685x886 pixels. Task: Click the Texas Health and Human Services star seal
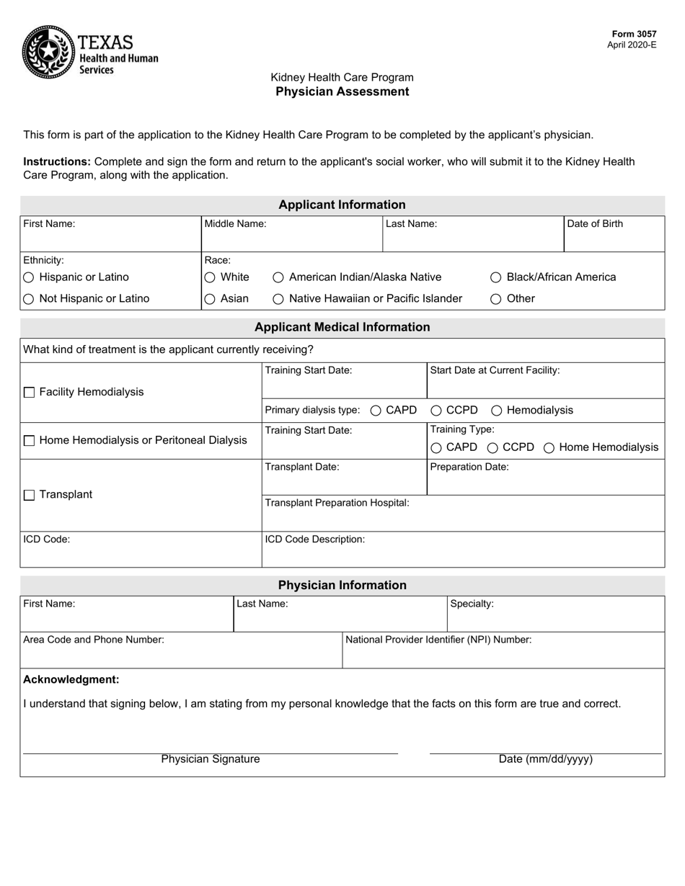(48, 51)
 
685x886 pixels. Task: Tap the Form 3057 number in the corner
(634, 34)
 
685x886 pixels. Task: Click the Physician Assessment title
(342, 91)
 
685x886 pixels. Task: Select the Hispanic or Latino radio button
(29, 277)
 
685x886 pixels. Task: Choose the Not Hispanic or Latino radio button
(29, 299)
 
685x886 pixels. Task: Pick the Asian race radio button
(210, 299)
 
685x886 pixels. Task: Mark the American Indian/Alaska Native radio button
(278, 277)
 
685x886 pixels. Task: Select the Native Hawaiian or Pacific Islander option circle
(278, 299)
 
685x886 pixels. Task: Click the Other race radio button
(496, 299)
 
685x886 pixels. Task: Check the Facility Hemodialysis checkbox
(30, 393)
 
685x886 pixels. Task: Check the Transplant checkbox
(30, 495)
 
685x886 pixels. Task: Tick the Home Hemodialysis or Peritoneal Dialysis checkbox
(30, 441)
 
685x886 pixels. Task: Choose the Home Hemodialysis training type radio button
(549, 448)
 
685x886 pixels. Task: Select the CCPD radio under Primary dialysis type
(436, 411)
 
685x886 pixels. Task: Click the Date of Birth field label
(595, 223)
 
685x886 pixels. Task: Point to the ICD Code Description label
(315, 539)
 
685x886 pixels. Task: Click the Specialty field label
(472, 604)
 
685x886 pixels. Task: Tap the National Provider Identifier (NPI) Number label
(438, 639)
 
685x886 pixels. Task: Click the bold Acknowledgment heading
(71, 679)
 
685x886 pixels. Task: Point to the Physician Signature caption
(211, 759)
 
